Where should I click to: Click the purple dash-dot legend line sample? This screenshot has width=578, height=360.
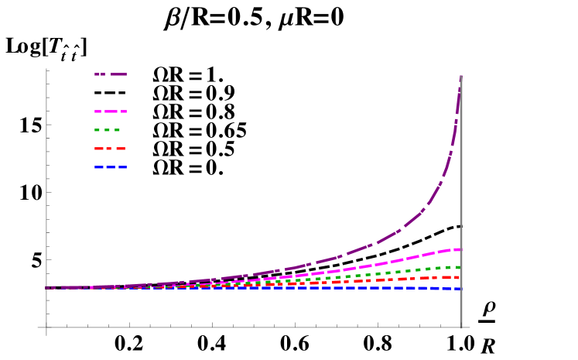click(x=110, y=74)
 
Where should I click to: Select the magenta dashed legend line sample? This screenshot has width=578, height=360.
click(x=110, y=111)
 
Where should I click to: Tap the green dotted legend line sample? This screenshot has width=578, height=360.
click(x=107, y=130)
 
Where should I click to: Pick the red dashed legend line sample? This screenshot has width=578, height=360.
click(x=109, y=149)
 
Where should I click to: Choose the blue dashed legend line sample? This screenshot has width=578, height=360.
click(x=110, y=167)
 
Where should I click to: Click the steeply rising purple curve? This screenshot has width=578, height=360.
click(x=422, y=211)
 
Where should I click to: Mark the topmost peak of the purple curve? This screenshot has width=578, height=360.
click(x=460, y=77)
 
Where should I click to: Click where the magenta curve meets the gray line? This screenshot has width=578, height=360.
click(x=460, y=249)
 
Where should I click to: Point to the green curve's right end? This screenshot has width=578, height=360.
click(x=459, y=267)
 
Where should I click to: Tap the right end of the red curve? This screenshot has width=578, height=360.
click(x=459, y=277)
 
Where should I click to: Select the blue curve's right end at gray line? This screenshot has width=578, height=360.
click(x=459, y=289)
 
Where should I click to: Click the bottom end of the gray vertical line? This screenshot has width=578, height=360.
click(x=461, y=327)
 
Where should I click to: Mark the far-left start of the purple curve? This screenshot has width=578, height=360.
click(x=46, y=287)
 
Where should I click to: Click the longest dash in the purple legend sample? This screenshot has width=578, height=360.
click(x=118, y=74)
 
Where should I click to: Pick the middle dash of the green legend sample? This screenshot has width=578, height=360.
click(x=107, y=130)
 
